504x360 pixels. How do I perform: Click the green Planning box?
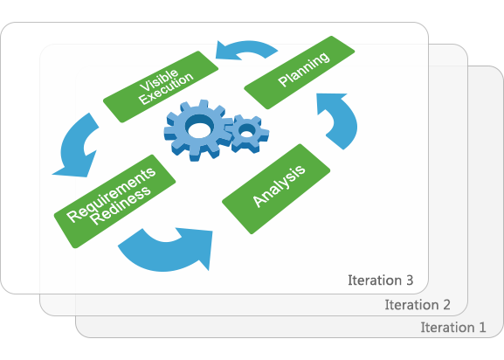tap(300, 73)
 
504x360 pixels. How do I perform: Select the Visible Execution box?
tap(161, 87)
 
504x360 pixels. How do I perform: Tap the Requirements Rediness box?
tap(114, 201)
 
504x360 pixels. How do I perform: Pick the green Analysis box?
tap(276, 189)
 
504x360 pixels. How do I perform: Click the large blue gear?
tap(197, 130)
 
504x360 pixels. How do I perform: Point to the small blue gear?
tap(248, 134)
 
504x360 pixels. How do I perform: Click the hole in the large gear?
tap(199, 128)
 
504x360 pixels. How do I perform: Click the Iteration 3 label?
tap(380, 280)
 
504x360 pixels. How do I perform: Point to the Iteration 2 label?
tap(418, 305)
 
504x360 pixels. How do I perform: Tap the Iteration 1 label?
tap(453, 328)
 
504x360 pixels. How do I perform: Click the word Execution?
tap(167, 89)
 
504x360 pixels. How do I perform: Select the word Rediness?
tap(120, 205)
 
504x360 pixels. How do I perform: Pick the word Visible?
tap(158, 79)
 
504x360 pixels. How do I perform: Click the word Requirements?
tap(111, 194)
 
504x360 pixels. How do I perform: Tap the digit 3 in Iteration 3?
tap(410, 280)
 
